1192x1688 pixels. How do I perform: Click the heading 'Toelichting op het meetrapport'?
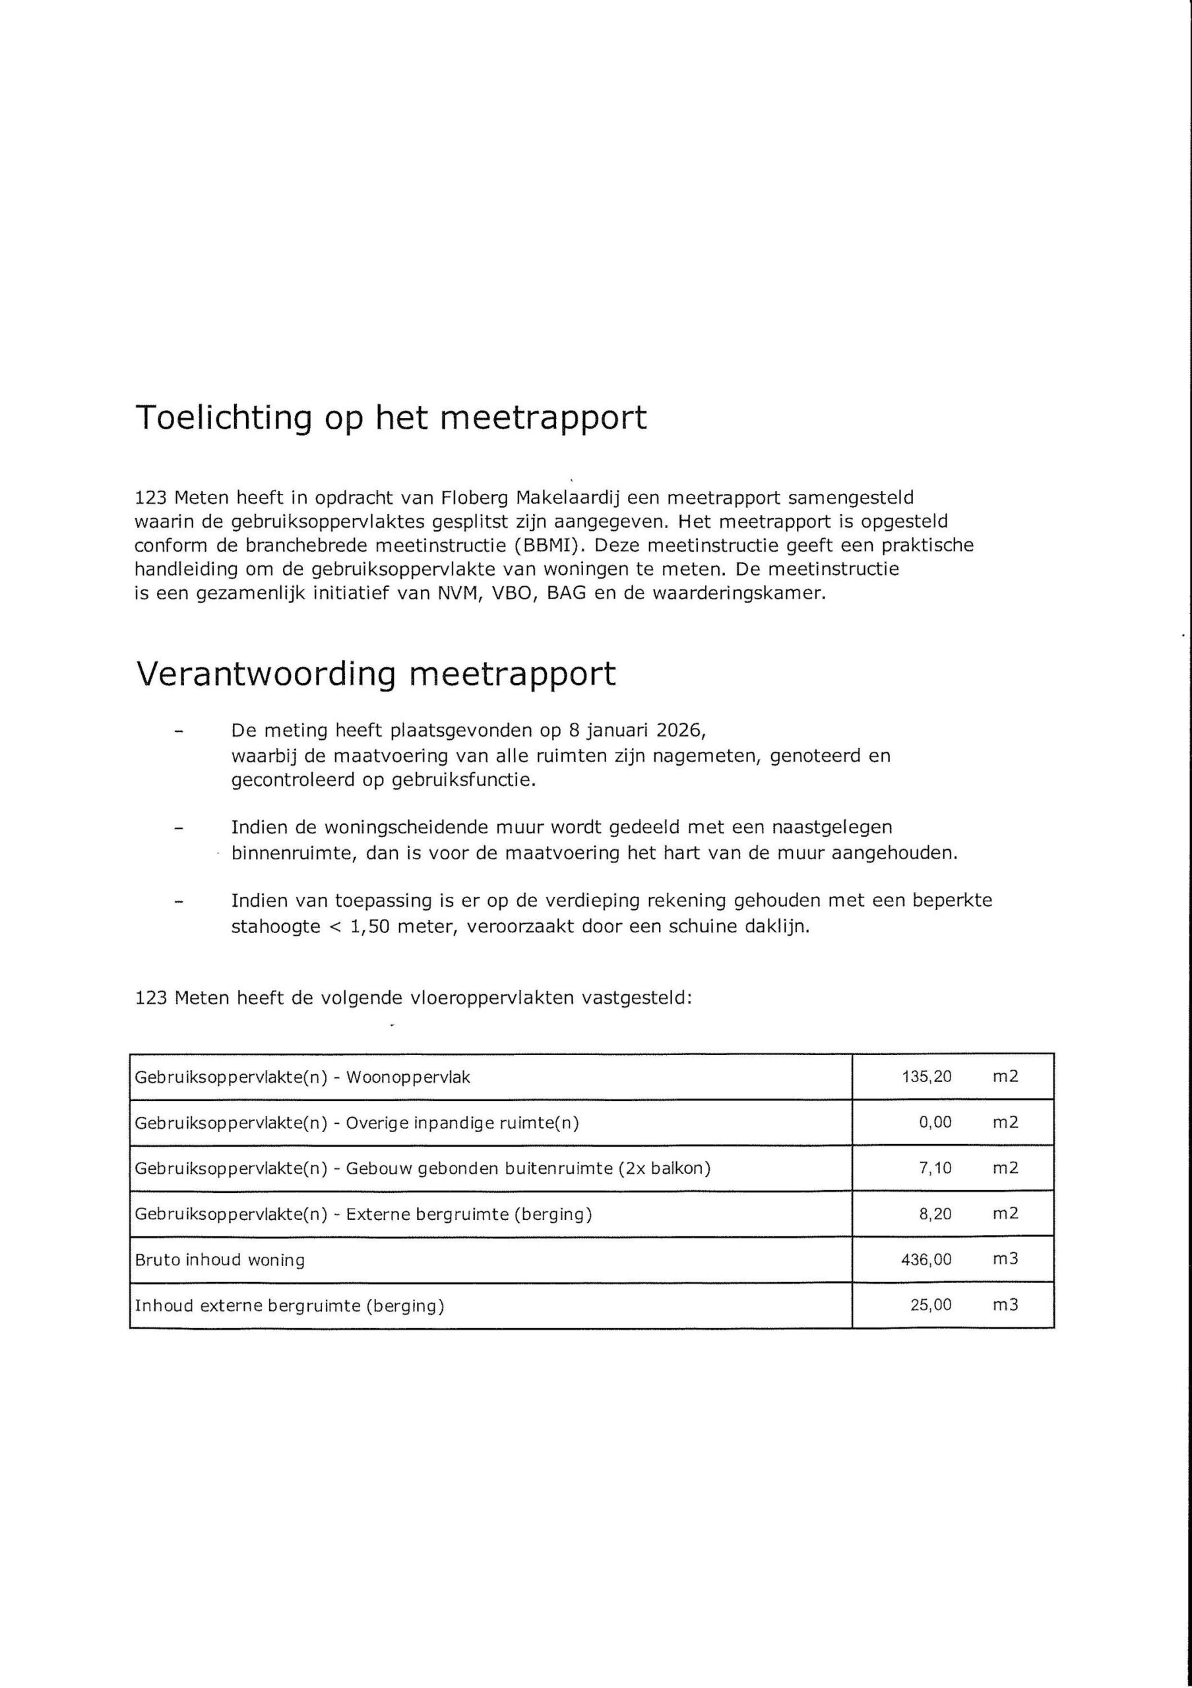tap(391, 417)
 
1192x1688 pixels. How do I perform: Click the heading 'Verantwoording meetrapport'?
tap(376, 673)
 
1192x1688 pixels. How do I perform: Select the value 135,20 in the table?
tap(927, 1076)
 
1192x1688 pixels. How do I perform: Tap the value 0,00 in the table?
tap(935, 1122)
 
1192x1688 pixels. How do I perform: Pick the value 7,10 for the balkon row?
tap(935, 1168)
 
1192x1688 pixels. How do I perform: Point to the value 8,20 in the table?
tap(935, 1213)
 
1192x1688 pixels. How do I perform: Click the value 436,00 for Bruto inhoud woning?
tap(927, 1259)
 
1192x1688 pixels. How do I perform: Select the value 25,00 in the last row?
tap(931, 1305)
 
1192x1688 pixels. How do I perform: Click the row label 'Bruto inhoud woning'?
tap(220, 1260)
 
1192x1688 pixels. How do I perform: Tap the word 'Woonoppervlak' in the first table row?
tap(408, 1077)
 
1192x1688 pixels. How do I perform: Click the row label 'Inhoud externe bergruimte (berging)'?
tap(290, 1306)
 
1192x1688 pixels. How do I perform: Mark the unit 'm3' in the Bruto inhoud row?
tap(1005, 1259)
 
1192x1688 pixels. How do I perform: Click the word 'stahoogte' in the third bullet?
tap(276, 926)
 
